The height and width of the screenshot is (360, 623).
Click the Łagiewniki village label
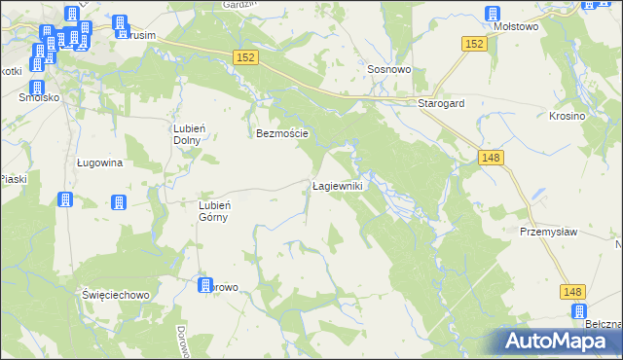point(337,186)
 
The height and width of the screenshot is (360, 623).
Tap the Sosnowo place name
point(386,70)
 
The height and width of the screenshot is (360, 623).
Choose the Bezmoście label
point(282,133)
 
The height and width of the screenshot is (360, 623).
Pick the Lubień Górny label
point(213,210)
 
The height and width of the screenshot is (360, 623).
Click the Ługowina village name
point(99,162)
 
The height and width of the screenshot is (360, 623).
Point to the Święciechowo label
point(114,294)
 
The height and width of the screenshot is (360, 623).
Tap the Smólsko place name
point(39,98)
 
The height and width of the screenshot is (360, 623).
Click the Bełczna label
point(604,324)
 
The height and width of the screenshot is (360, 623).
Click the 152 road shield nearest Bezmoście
point(245,59)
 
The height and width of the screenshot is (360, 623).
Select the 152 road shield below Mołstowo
point(474,45)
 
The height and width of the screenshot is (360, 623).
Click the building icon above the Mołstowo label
point(493,15)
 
